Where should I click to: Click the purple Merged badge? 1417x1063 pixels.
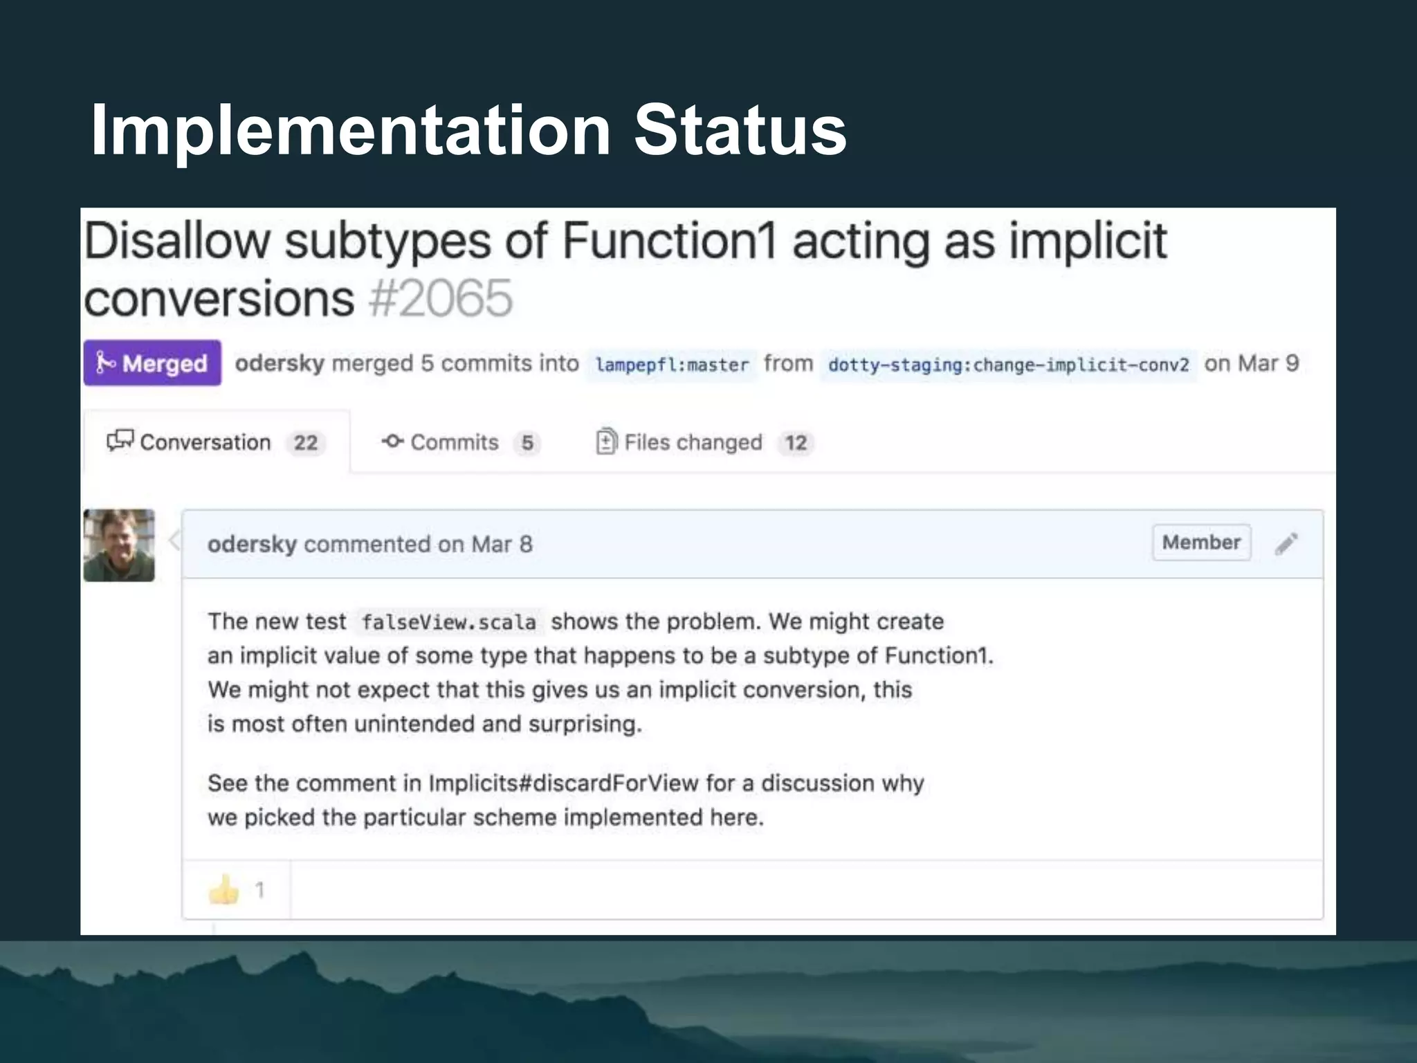(x=152, y=363)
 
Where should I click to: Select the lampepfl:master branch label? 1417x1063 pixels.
(x=672, y=365)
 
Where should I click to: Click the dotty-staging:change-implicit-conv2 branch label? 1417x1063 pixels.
(x=1008, y=365)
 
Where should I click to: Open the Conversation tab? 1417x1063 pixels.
(x=205, y=442)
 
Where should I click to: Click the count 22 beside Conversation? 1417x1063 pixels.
(x=306, y=443)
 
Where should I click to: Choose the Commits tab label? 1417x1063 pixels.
(x=454, y=442)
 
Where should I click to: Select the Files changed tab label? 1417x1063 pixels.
(x=693, y=442)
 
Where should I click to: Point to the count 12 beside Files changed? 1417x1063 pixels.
(x=796, y=443)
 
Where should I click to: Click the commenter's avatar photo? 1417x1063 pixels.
(x=119, y=545)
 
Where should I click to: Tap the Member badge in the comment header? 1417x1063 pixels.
(x=1201, y=543)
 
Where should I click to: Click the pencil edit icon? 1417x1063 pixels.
(x=1286, y=544)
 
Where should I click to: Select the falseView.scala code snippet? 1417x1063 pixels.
(x=448, y=622)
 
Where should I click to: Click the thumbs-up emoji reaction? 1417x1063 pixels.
(x=223, y=889)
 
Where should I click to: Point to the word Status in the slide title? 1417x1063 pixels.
(x=740, y=129)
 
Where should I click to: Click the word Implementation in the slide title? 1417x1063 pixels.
(x=350, y=129)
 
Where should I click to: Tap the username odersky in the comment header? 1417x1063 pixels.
(x=252, y=544)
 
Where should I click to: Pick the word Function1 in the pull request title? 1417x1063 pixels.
(x=670, y=241)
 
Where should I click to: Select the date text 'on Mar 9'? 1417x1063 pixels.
(x=1252, y=363)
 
